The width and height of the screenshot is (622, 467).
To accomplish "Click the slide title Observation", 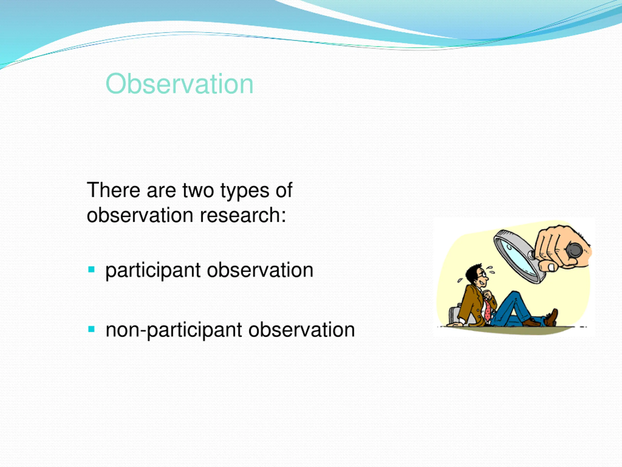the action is click(x=179, y=84).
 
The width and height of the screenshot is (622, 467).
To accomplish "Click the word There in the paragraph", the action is click(x=113, y=190).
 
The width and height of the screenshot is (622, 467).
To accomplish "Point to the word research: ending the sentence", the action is click(x=243, y=215).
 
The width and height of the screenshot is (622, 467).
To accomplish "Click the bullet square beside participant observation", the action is click(x=91, y=270).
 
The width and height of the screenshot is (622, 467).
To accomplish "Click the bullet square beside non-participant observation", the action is click(x=91, y=329).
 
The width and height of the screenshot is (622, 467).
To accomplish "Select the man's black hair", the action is click(x=473, y=271).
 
